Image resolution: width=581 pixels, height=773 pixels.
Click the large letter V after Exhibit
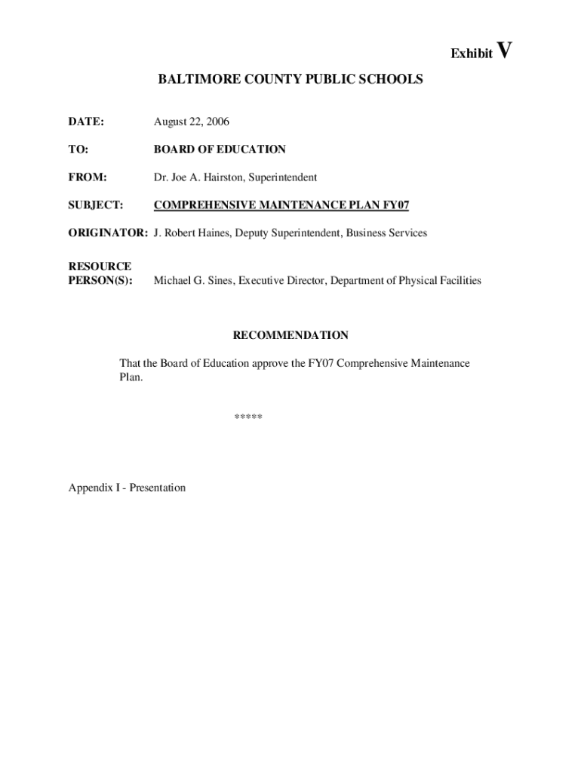(x=506, y=51)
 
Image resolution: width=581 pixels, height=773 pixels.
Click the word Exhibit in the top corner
(x=472, y=54)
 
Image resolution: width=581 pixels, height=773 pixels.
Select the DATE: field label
(x=86, y=122)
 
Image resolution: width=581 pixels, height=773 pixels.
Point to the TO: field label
(x=78, y=149)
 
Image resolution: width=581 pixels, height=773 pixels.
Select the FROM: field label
(x=88, y=177)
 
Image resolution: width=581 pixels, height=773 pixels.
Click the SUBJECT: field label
(x=95, y=205)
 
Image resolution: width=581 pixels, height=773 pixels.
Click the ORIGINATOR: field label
(x=108, y=233)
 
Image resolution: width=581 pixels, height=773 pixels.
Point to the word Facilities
(x=458, y=281)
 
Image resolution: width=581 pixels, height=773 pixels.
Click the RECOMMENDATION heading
(x=290, y=335)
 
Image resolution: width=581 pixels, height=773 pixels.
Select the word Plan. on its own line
(x=131, y=377)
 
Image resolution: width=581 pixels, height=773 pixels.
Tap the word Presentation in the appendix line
(x=158, y=488)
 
